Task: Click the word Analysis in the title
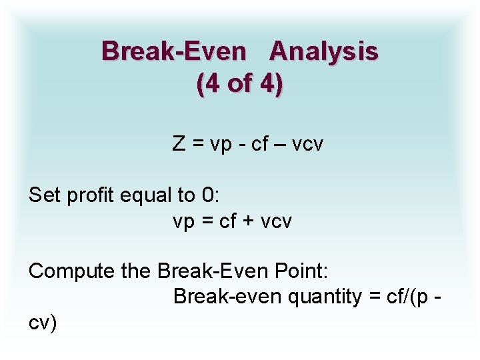pyautogui.click(x=325, y=51)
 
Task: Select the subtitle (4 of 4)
pyautogui.click(x=240, y=85)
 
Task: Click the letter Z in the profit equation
pyautogui.click(x=179, y=143)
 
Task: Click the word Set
pyautogui.click(x=45, y=195)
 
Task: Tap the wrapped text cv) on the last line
pyautogui.click(x=43, y=323)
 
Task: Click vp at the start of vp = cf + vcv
pyautogui.click(x=183, y=221)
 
